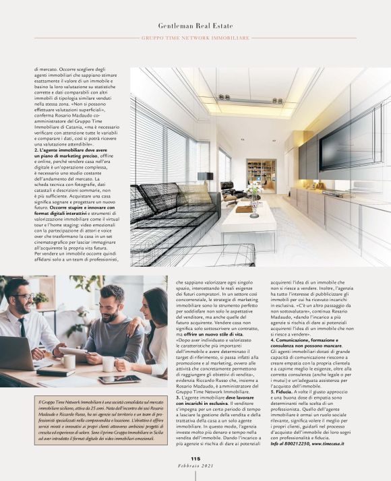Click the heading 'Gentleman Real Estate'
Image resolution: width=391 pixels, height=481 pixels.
point(195,25)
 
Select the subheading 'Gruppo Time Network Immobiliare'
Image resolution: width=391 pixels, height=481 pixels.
point(195,38)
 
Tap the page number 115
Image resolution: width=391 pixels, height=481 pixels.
point(195,459)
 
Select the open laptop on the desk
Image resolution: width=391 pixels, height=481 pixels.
point(17,354)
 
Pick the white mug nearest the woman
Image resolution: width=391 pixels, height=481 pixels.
point(109,364)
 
